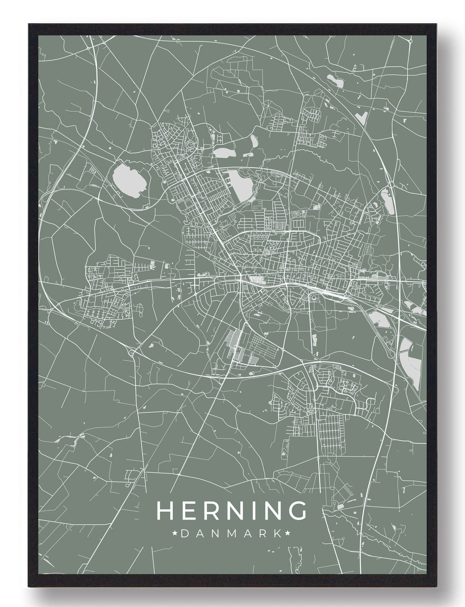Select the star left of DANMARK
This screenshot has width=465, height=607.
point(175,534)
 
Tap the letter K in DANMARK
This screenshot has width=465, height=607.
point(277,534)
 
